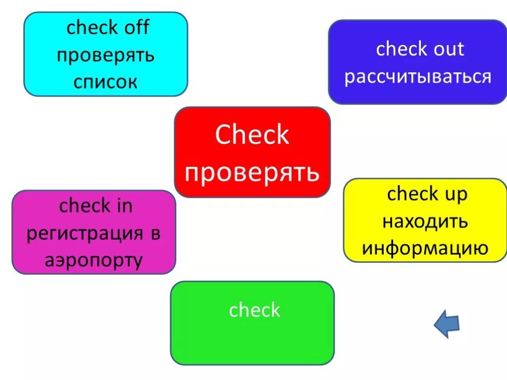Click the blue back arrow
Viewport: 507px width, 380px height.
pos(447,325)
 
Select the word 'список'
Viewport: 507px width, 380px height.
pos(105,82)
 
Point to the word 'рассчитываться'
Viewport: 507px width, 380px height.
pos(418,77)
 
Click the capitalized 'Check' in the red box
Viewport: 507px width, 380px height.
pos(252,135)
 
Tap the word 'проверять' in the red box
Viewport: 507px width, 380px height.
pos(252,173)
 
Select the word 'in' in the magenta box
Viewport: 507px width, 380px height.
pos(124,206)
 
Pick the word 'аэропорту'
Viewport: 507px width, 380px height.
pos(94,260)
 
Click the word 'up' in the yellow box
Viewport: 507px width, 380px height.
pos(455,194)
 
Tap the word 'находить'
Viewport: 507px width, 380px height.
pos(425,221)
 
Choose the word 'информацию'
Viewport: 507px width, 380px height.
pos(425,248)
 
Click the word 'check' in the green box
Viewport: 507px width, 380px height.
pos(254,310)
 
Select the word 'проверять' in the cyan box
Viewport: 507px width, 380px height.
pos(105,55)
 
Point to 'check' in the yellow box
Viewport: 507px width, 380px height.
pos(412,194)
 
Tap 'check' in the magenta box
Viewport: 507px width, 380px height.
pos(85,206)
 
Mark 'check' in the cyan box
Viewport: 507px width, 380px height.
pos(91,28)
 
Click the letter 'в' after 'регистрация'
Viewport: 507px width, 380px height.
pos(155,234)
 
